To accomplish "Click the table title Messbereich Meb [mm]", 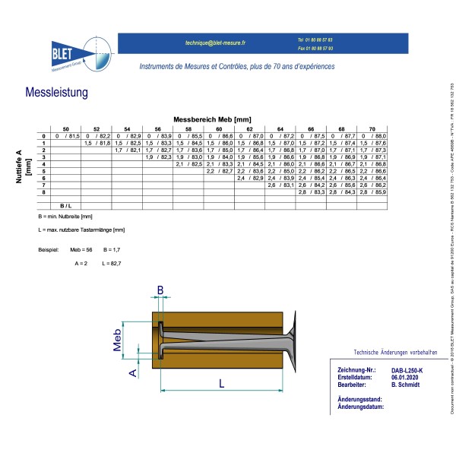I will tap(212, 120).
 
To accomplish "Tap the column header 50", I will tap(66, 129).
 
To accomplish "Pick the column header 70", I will tap(372, 129).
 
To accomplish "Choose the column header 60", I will tap(219, 129).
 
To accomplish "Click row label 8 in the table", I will tap(44, 192).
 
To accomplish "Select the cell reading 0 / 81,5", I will tap(66, 136).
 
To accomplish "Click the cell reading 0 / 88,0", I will tap(372, 136).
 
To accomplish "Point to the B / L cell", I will tap(66, 206).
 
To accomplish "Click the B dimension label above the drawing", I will tap(160, 289).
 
